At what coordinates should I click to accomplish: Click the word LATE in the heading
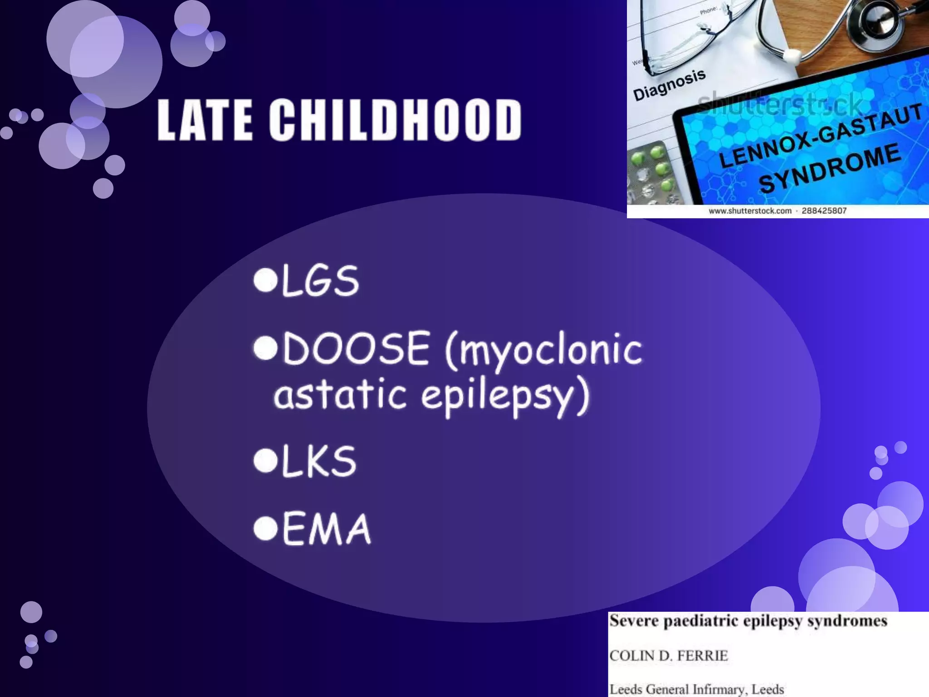click(x=205, y=120)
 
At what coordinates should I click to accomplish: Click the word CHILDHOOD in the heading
click(x=395, y=120)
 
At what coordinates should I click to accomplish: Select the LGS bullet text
click(x=320, y=281)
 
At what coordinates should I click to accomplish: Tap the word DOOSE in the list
click(x=356, y=348)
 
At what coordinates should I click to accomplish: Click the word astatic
click(x=340, y=394)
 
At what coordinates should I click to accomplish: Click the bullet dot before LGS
click(x=265, y=280)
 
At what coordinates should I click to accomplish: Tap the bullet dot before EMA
click(x=265, y=528)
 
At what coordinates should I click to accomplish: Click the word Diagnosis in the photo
click(x=669, y=85)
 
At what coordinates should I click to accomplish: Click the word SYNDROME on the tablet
click(x=830, y=168)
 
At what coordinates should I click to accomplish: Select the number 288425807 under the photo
click(x=824, y=211)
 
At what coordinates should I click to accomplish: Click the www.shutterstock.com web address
click(x=750, y=211)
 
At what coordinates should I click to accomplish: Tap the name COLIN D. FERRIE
click(x=669, y=656)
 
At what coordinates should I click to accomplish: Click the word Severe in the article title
click(x=633, y=621)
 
